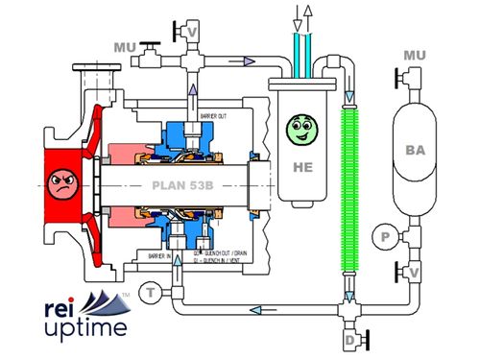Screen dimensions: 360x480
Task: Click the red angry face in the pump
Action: tap(61, 180)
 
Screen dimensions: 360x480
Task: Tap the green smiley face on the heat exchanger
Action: tap(300, 127)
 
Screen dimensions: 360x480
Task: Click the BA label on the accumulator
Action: tap(416, 150)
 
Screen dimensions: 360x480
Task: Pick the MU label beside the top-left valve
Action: tap(125, 45)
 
